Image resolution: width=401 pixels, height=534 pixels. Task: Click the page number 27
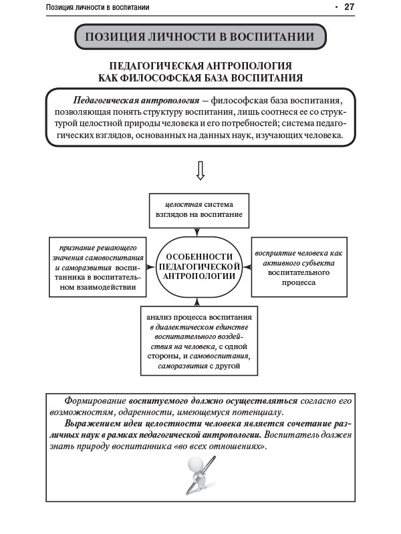click(x=349, y=7)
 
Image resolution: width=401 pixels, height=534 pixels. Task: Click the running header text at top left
click(x=98, y=8)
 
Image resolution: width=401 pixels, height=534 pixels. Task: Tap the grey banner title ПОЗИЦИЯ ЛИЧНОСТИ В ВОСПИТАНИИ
click(x=200, y=37)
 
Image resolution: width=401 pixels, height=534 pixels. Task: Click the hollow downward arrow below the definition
click(x=200, y=171)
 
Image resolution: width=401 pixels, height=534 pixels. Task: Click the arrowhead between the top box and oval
click(x=196, y=233)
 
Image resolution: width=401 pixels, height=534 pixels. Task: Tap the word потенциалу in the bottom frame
click(x=259, y=412)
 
